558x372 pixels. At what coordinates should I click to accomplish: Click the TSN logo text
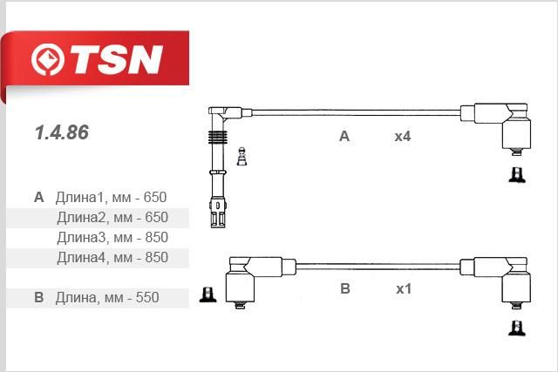click(116, 59)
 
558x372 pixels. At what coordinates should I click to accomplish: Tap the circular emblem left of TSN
click(48, 59)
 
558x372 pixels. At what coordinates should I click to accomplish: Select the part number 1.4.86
click(62, 132)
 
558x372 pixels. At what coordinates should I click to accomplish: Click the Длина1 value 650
click(155, 197)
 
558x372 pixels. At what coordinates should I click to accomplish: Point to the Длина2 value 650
click(156, 217)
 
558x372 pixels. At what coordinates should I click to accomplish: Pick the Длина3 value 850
click(156, 237)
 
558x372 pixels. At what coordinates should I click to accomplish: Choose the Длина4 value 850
click(156, 257)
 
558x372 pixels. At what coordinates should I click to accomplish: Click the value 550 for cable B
click(147, 297)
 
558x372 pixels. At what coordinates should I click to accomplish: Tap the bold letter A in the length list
click(38, 197)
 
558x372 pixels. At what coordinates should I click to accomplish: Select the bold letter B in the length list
click(38, 297)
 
